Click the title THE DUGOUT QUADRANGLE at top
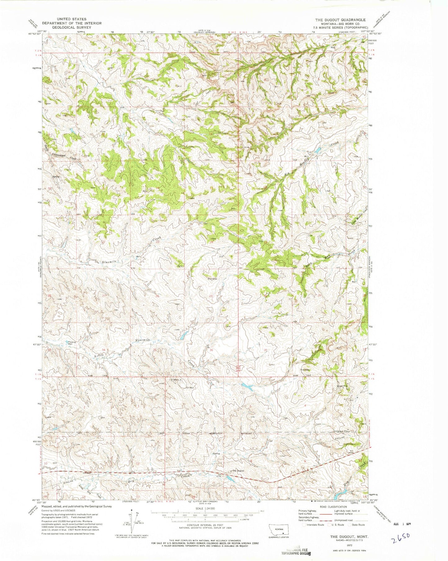(340, 20)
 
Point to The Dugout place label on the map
(238, 471)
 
